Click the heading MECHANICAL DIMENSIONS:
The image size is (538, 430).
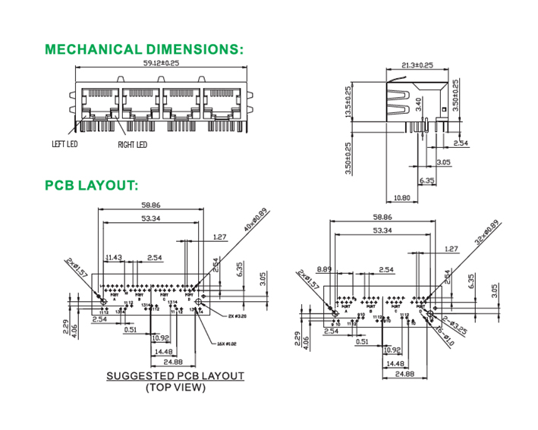click(144, 50)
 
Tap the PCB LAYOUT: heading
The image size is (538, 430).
click(91, 185)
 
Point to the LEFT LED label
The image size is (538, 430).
click(65, 143)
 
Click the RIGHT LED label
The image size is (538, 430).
click(132, 145)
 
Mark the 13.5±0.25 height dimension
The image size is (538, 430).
click(348, 102)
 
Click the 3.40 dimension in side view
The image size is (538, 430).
click(420, 103)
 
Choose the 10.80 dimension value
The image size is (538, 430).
click(404, 198)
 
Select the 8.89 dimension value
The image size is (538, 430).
click(325, 268)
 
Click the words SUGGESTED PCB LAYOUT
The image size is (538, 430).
click(175, 376)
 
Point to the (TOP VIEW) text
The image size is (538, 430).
click(175, 388)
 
